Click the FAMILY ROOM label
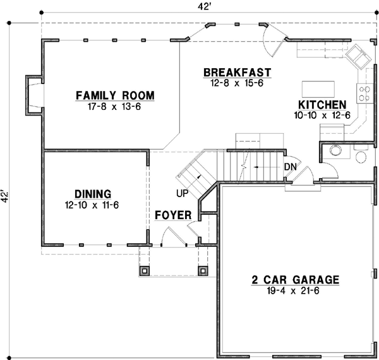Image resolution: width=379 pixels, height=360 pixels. tap(115, 95)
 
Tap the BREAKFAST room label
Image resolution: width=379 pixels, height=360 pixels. tap(238, 72)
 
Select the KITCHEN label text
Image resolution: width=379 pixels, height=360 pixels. tap(322, 105)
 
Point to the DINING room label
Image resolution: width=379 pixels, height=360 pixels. tap(92, 194)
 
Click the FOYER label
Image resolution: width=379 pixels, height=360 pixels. tap(173, 216)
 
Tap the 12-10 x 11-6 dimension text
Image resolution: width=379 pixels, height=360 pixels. tap(92, 205)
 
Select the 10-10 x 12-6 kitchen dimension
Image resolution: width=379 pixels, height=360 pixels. tap(322, 116)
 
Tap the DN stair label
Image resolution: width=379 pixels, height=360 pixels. tap(291, 166)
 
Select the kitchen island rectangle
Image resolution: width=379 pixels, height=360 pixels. tap(319, 87)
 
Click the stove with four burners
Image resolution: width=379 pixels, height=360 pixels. tap(364, 93)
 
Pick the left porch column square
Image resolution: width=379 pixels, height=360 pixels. tap(145, 271)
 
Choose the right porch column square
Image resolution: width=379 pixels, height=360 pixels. tap(203, 271)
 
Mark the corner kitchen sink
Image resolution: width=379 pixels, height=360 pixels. tap(359, 57)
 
